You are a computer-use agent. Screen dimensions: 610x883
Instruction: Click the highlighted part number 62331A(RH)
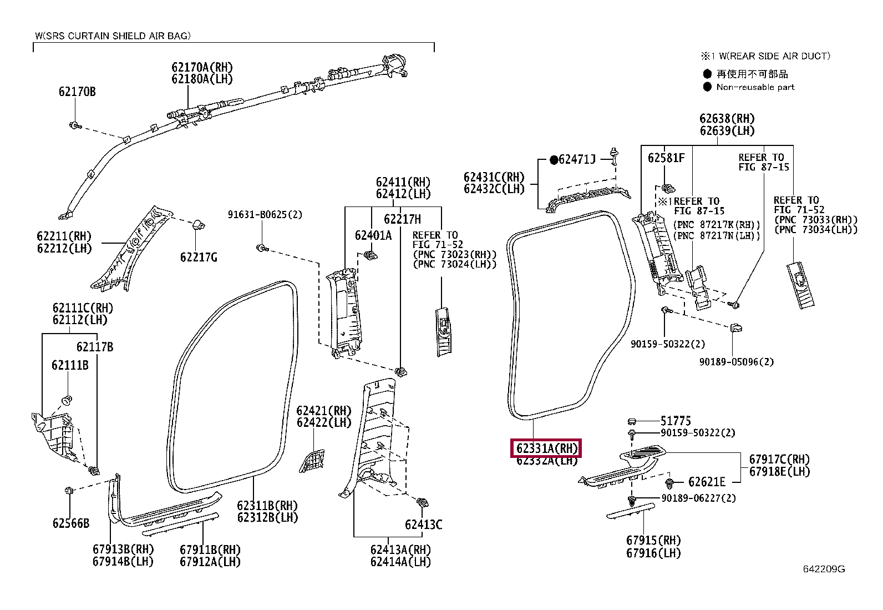[x=546, y=448]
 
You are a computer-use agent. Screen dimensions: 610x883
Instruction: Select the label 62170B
[x=77, y=92]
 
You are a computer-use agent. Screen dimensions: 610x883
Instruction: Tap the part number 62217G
[x=199, y=257]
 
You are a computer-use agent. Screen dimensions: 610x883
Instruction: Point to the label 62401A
[x=373, y=235]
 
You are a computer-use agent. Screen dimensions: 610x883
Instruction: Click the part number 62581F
[x=666, y=158]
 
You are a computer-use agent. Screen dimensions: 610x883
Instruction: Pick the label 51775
[x=676, y=421]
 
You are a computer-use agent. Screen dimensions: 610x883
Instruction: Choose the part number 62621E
[x=707, y=482]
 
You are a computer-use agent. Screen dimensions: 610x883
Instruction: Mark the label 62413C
[x=423, y=525]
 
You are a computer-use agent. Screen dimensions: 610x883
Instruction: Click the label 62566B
[x=71, y=523]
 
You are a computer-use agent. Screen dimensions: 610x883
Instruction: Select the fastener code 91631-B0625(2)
[x=265, y=214]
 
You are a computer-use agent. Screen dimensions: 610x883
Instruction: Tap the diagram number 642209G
[x=824, y=569]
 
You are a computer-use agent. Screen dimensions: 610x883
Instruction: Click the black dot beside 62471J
[x=553, y=160]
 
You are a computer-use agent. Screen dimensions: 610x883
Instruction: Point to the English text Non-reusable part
[x=755, y=87]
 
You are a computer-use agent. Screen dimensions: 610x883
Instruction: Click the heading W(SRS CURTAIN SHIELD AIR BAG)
[x=113, y=36]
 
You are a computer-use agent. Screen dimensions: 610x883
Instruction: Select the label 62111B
[x=70, y=365]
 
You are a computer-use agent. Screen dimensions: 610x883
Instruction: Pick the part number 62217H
[x=403, y=219]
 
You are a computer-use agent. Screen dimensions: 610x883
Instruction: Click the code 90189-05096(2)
[x=736, y=362]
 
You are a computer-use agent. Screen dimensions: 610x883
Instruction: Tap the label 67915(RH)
[x=653, y=540]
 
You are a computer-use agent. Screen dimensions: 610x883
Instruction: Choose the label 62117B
[x=95, y=347]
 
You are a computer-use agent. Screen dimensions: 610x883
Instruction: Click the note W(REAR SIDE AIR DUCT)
[x=772, y=56]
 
